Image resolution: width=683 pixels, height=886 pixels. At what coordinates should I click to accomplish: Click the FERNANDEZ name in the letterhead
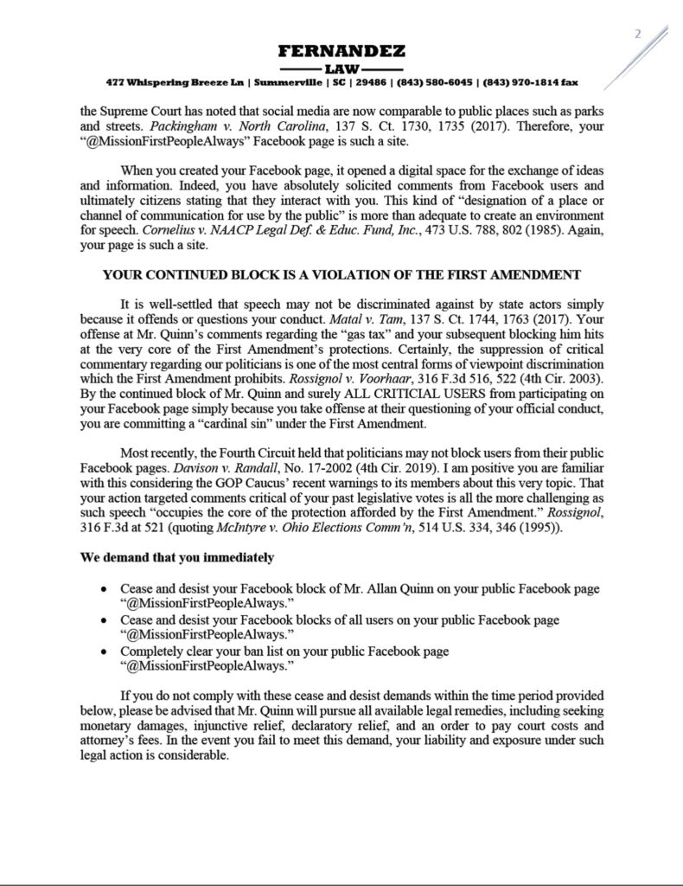coord(341,51)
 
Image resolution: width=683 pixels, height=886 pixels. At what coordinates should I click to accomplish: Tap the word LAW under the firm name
coord(341,67)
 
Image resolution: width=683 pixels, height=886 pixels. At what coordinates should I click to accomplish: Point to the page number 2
coord(638,35)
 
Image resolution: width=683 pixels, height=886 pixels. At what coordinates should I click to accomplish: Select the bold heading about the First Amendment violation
coord(341,275)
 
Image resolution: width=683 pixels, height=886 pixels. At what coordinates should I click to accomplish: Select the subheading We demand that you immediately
coord(178,557)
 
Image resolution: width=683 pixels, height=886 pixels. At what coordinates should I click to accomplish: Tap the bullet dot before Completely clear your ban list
coord(104,652)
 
